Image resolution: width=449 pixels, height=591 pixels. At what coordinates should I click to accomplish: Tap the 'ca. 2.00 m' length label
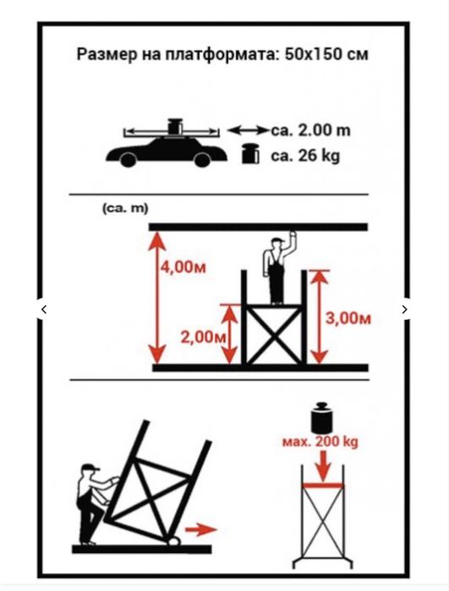click(310, 130)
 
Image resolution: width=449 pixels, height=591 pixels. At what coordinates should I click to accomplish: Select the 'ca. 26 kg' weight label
click(305, 156)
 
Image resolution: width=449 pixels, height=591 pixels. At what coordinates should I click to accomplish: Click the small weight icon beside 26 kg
click(250, 153)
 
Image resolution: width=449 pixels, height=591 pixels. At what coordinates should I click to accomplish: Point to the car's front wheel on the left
click(128, 160)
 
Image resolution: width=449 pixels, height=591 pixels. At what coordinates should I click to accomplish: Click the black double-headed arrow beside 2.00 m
click(249, 130)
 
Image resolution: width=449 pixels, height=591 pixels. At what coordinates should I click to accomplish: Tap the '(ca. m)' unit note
click(125, 209)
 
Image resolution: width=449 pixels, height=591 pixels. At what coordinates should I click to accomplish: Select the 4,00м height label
click(183, 267)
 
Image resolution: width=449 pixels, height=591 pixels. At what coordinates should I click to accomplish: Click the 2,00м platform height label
click(203, 337)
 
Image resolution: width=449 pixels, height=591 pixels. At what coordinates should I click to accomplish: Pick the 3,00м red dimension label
click(348, 319)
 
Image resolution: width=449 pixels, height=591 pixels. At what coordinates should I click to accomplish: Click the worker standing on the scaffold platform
click(277, 269)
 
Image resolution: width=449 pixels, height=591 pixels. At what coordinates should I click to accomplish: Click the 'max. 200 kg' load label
click(320, 441)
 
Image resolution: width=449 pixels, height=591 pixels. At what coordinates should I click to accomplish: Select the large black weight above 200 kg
click(321, 418)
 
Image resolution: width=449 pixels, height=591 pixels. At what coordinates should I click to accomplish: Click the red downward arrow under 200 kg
click(321, 466)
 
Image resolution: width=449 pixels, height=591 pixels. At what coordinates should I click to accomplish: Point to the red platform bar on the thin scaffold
click(323, 485)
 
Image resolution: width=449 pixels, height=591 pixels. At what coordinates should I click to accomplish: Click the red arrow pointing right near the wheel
click(201, 529)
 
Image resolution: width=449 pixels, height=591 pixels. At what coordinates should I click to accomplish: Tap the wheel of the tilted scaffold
click(173, 541)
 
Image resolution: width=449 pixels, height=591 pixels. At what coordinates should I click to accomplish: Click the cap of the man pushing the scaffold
click(90, 468)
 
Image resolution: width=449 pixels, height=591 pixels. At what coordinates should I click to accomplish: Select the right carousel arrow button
click(404, 309)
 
